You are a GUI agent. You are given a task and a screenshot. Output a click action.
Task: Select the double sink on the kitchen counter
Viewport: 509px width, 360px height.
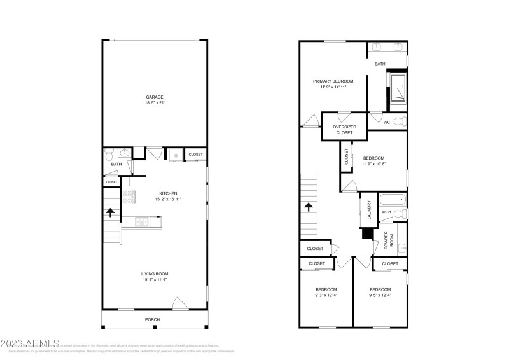click(x=141, y=221)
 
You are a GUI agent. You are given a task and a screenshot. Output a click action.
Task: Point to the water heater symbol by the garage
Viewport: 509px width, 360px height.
click(x=174, y=154)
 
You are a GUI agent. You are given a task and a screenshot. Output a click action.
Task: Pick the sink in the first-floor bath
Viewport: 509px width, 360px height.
click(x=123, y=153)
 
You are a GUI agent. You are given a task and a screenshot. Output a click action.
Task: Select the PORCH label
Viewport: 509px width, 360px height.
click(x=152, y=319)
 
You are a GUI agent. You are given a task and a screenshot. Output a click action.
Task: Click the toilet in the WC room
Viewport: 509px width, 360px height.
click(x=398, y=121)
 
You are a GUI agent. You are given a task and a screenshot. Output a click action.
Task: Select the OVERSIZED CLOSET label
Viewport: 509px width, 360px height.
click(x=344, y=130)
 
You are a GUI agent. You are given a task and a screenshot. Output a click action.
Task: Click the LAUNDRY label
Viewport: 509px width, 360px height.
click(x=368, y=211)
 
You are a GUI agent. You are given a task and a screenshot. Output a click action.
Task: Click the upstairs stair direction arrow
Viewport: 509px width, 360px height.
click(x=309, y=207)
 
